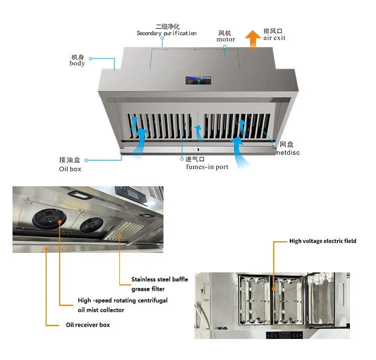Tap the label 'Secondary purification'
(166, 34)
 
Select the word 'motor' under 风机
(226, 40)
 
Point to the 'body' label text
(77, 64)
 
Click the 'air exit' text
(275, 38)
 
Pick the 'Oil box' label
(70, 169)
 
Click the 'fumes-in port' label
(207, 167)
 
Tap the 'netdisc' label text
(288, 152)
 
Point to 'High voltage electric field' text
(323, 241)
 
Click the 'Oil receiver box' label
(88, 325)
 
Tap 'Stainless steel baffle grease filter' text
(159, 284)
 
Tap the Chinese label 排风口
(273, 31)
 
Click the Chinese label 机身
(78, 57)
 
